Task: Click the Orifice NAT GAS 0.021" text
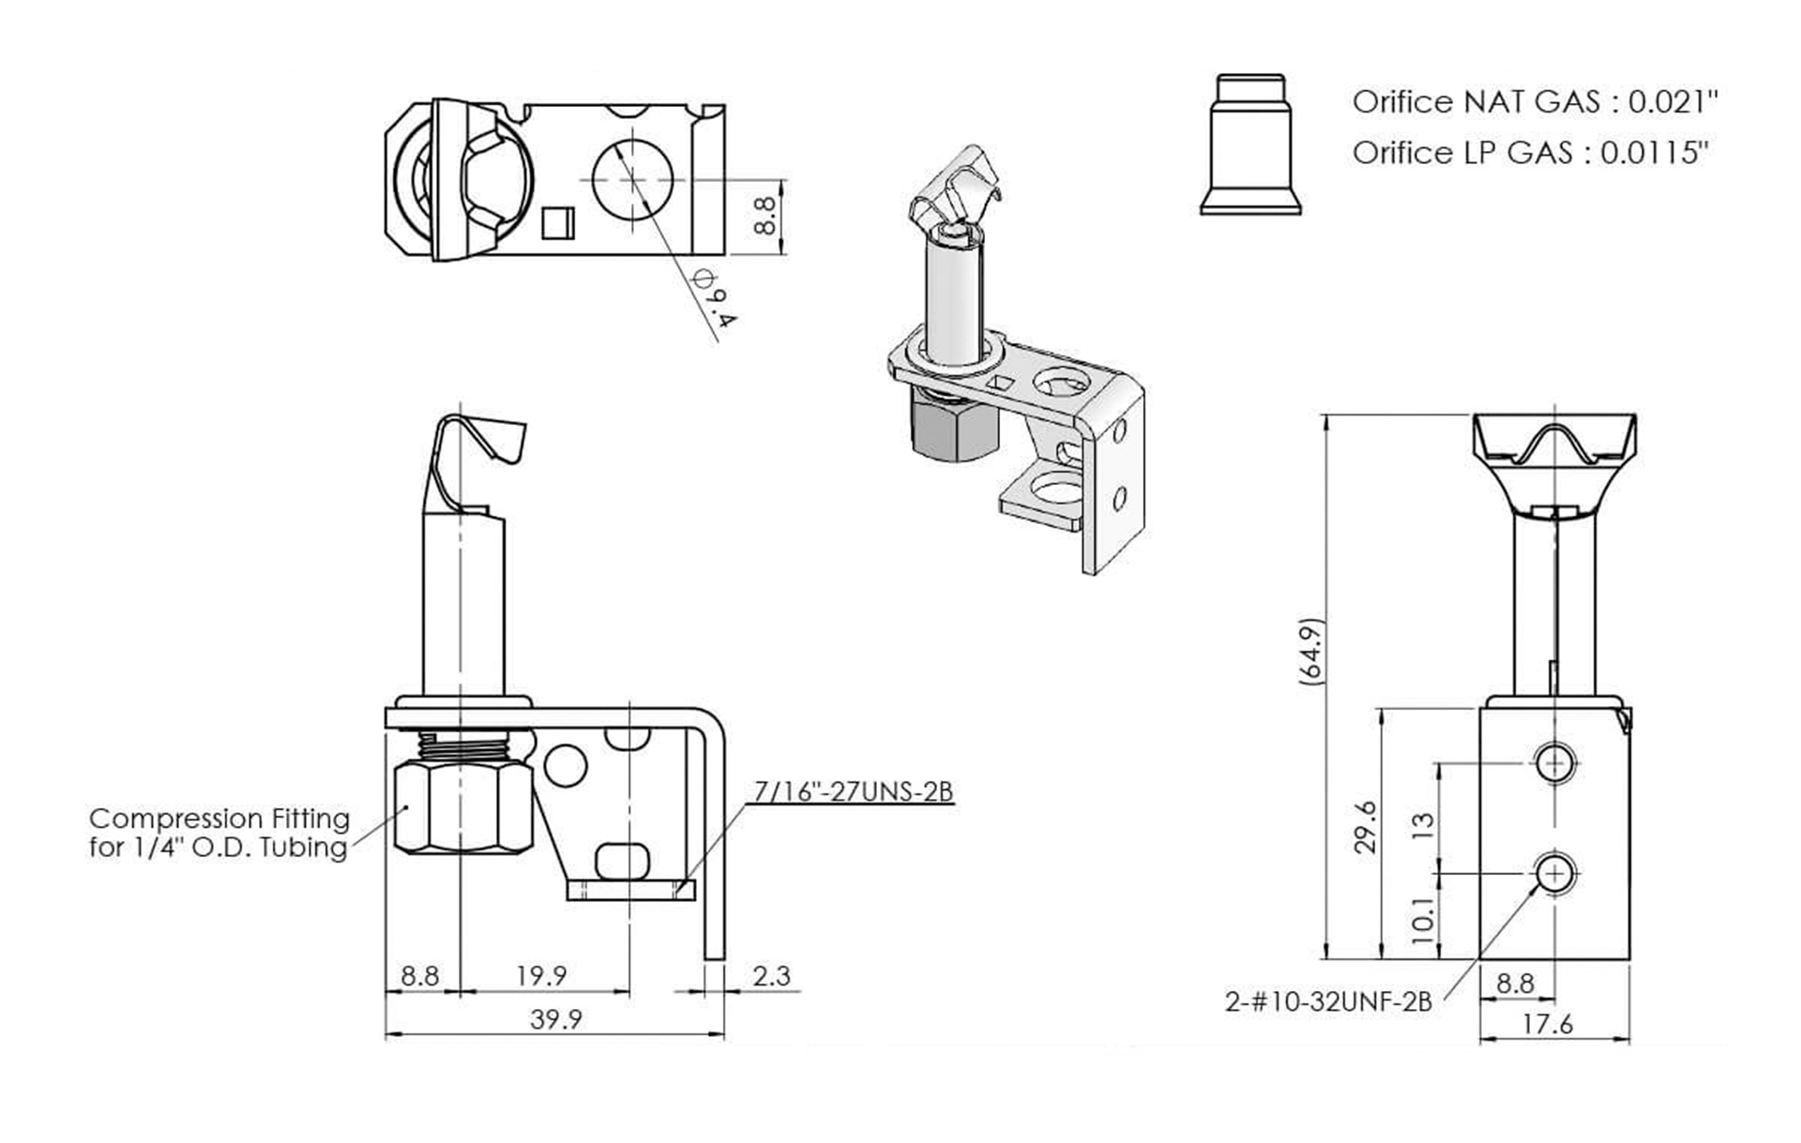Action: coord(1535,101)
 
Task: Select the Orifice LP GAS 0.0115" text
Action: coord(1530,152)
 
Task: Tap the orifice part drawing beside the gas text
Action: coord(1250,145)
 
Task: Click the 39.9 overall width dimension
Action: coord(555,1018)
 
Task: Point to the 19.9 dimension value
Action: coord(541,976)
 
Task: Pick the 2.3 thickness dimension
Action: coord(771,976)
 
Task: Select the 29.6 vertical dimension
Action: coord(1367,826)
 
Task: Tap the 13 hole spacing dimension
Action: coord(1423,825)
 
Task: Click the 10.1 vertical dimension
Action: coord(1423,920)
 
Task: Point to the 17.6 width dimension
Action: coord(1547,1024)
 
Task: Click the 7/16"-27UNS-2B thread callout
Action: coord(854,792)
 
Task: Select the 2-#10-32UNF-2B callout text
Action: coord(1328,1001)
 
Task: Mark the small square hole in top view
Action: coord(557,221)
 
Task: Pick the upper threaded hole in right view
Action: coord(1555,762)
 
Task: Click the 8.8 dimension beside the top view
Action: coord(764,215)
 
